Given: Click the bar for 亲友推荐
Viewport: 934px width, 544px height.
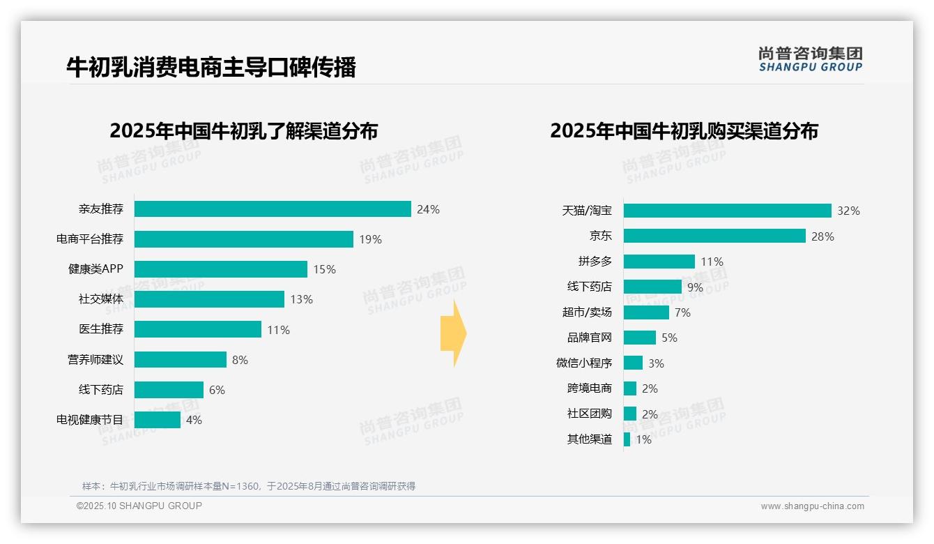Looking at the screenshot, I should pyautogui.click(x=272, y=209).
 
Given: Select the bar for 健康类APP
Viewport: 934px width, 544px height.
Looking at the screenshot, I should pyautogui.click(x=220, y=269).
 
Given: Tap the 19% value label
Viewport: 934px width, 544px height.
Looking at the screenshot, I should pyautogui.click(x=370, y=239).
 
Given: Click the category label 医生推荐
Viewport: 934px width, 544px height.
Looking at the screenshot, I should pyautogui.click(x=101, y=329).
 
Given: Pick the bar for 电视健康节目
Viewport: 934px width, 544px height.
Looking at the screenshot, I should pyautogui.click(x=157, y=420).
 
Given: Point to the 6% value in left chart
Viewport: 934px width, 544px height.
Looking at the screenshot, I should pyautogui.click(x=217, y=390).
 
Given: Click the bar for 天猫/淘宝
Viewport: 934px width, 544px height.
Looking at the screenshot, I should pyautogui.click(x=727, y=211).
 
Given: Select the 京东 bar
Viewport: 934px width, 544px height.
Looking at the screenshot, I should pyautogui.click(x=714, y=236).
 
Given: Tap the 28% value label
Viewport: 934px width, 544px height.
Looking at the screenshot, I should pyautogui.click(x=822, y=236).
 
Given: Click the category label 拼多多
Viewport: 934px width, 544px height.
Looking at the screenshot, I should pyautogui.click(x=595, y=262).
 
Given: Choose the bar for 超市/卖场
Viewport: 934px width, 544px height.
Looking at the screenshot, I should pyautogui.click(x=645, y=312).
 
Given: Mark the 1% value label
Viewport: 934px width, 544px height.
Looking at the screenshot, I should pyautogui.click(x=643, y=439).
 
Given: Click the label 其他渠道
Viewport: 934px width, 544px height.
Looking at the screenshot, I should pyautogui.click(x=590, y=439).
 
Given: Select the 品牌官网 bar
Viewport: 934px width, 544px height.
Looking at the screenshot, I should pyautogui.click(x=639, y=338).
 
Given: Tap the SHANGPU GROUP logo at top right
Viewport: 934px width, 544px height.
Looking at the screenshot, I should pyautogui.click(x=810, y=59).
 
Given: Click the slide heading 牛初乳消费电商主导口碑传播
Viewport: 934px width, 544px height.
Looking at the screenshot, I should pyautogui.click(x=211, y=68).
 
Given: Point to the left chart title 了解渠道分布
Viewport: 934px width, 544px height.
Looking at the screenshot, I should pyautogui.click(x=243, y=131).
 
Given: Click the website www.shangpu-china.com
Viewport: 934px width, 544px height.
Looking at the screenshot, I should pyautogui.click(x=812, y=506).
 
